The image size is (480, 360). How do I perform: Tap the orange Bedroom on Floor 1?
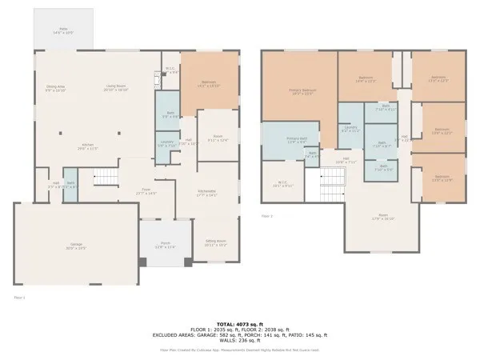(x=209, y=83)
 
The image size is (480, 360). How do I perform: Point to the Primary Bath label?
(x=286, y=142)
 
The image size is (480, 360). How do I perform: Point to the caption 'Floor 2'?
(x=267, y=216)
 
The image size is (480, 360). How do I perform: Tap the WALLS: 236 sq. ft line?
(x=239, y=341)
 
